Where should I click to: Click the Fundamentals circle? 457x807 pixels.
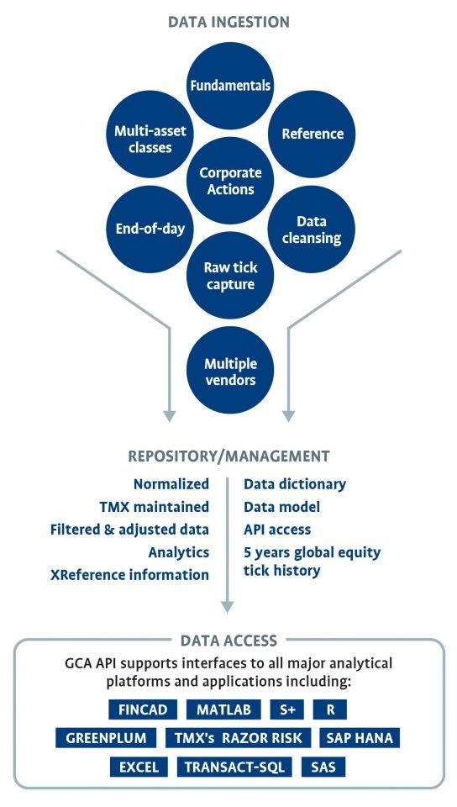(x=230, y=86)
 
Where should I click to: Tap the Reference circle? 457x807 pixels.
(x=312, y=134)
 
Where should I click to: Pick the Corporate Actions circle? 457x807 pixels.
(x=230, y=181)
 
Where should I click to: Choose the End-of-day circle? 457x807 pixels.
(x=150, y=229)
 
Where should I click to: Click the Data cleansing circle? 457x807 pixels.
(x=312, y=229)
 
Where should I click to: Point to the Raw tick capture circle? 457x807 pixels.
(x=230, y=276)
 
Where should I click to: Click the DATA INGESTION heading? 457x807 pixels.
(x=228, y=22)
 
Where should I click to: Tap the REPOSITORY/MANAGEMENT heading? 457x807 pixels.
(x=228, y=456)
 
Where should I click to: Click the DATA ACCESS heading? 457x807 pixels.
(x=228, y=641)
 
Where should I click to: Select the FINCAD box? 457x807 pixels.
(x=143, y=709)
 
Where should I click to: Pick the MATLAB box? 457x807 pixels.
(x=223, y=709)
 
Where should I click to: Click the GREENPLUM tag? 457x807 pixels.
(x=106, y=738)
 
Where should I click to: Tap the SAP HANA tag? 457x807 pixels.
(x=360, y=738)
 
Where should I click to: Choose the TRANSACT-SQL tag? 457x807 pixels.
(x=234, y=767)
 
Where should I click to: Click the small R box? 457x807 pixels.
(x=330, y=709)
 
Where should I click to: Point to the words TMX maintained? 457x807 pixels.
(x=155, y=507)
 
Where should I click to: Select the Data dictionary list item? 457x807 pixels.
(x=295, y=484)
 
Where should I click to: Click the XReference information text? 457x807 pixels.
(x=129, y=575)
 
